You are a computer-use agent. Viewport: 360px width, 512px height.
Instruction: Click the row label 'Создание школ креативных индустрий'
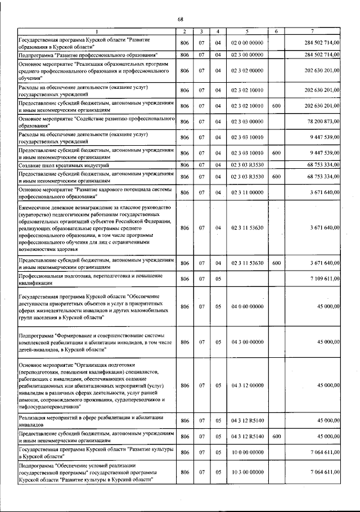point(59,165)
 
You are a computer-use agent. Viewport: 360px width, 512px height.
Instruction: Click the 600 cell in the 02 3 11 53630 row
point(276,263)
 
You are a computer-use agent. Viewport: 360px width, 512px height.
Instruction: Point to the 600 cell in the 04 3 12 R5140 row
point(276,436)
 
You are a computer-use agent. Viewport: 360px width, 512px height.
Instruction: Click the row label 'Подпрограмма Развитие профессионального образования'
point(88,55)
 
